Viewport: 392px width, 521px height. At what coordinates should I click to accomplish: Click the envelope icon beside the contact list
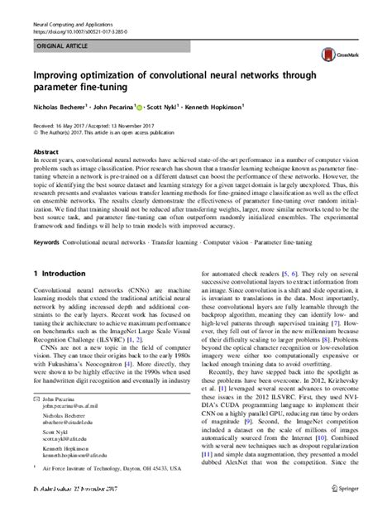point(35,398)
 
